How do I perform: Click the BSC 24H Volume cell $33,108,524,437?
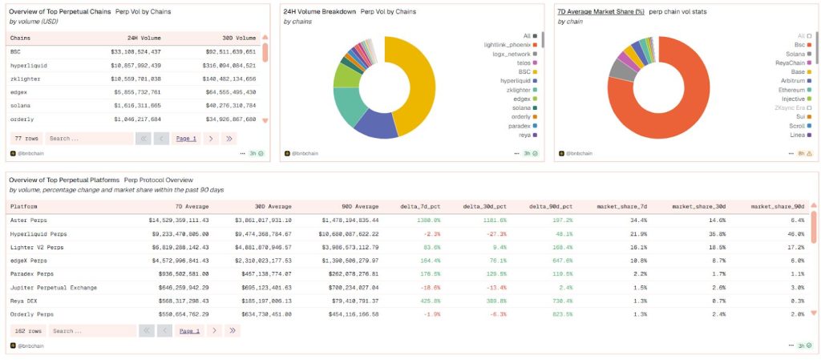click(135, 51)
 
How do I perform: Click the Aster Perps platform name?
click(29, 220)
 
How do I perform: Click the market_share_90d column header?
click(778, 206)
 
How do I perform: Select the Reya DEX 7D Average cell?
click(179, 301)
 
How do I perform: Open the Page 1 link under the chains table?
click(186, 139)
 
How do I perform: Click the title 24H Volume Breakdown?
click(318, 12)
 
